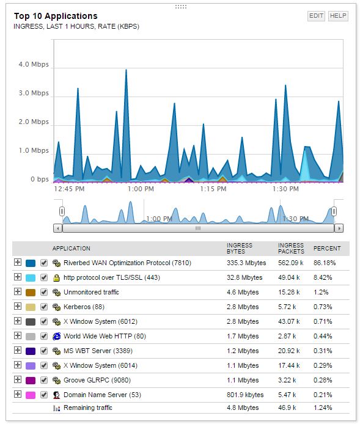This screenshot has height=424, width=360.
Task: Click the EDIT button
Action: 316,16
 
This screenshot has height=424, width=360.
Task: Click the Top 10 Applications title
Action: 56,16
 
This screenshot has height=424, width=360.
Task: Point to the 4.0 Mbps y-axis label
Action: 34,65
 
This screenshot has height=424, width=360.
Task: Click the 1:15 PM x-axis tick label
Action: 213,189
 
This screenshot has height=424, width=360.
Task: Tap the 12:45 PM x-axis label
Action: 69,189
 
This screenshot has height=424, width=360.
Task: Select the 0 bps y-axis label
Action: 40,180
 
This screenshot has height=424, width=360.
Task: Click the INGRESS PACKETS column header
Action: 291,249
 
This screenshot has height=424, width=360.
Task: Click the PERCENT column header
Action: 327,249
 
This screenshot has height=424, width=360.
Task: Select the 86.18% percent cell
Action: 325,263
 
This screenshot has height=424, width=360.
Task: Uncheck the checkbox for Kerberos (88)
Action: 43,307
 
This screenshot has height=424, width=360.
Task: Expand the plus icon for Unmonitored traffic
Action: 18,292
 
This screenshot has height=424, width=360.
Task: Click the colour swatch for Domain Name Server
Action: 31,395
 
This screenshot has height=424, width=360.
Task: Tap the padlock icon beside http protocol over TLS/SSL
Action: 57,278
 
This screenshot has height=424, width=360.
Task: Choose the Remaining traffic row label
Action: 87,408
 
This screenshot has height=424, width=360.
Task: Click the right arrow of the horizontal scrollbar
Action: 339,228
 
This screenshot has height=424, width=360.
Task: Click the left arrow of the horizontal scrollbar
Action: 58,228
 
